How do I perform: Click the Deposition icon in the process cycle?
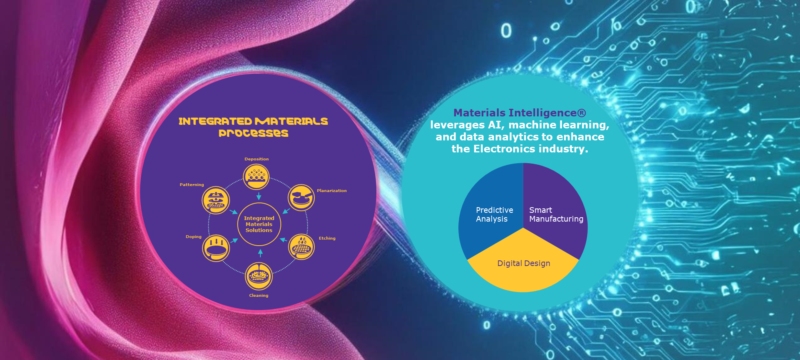pyautogui.click(x=256, y=177)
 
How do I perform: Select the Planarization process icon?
pyautogui.click(x=301, y=198)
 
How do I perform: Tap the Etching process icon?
pyautogui.click(x=301, y=247)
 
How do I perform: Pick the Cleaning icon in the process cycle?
pyautogui.click(x=259, y=276)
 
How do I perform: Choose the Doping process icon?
pyautogui.click(x=216, y=248)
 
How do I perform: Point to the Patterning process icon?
pyautogui.click(x=216, y=200)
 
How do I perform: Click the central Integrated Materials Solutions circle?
pyautogui.click(x=259, y=224)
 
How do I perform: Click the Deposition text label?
pyautogui.click(x=257, y=159)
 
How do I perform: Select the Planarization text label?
pyautogui.click(x=332, y=191)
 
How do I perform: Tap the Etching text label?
pyautogui.click(x=327, y=238)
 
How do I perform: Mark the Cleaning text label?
pyautogui.click(x=259, y=296)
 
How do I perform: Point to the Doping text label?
pyautogui.click(x=194, y=237)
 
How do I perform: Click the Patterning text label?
pyautogui.click(x=192, y=185)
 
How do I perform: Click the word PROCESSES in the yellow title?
pyautogui.click(x=254, y=133)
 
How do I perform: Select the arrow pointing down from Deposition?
pyautogui.click(x=259, y=196)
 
